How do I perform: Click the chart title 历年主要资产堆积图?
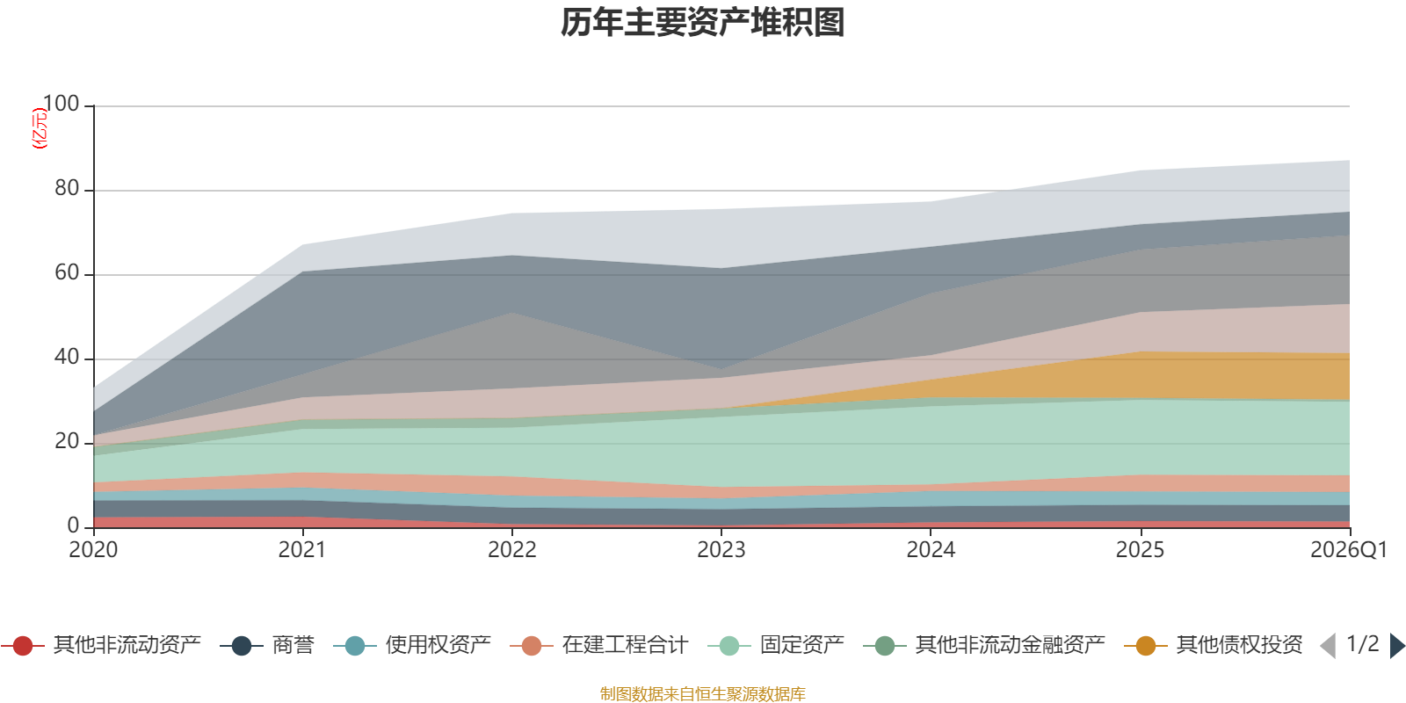coord(702,23)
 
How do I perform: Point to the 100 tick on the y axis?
coord(62,104)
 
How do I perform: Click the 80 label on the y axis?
coord(67,188)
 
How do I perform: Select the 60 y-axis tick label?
coord(67,273)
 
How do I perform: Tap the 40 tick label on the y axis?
coord(67,357)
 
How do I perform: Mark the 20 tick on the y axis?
coord(67,442)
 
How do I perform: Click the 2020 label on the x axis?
coord(93,550)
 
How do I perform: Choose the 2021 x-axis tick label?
coord(302,550)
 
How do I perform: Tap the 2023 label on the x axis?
coord(721,550)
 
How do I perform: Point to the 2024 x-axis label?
coord(931,550)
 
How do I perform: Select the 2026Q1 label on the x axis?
coord(1349,550)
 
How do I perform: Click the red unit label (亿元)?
coord(40,128)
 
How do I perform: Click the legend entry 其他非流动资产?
coord(101,645)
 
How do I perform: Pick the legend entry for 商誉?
coord(267,645)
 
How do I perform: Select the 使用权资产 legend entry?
coord(412,645)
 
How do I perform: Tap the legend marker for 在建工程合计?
coord(532,646)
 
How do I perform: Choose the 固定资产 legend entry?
coord(776,645)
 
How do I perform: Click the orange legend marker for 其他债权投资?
coord(1146,646)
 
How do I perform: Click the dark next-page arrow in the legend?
coord(1397,645)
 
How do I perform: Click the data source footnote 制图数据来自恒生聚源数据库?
coord(702,693)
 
